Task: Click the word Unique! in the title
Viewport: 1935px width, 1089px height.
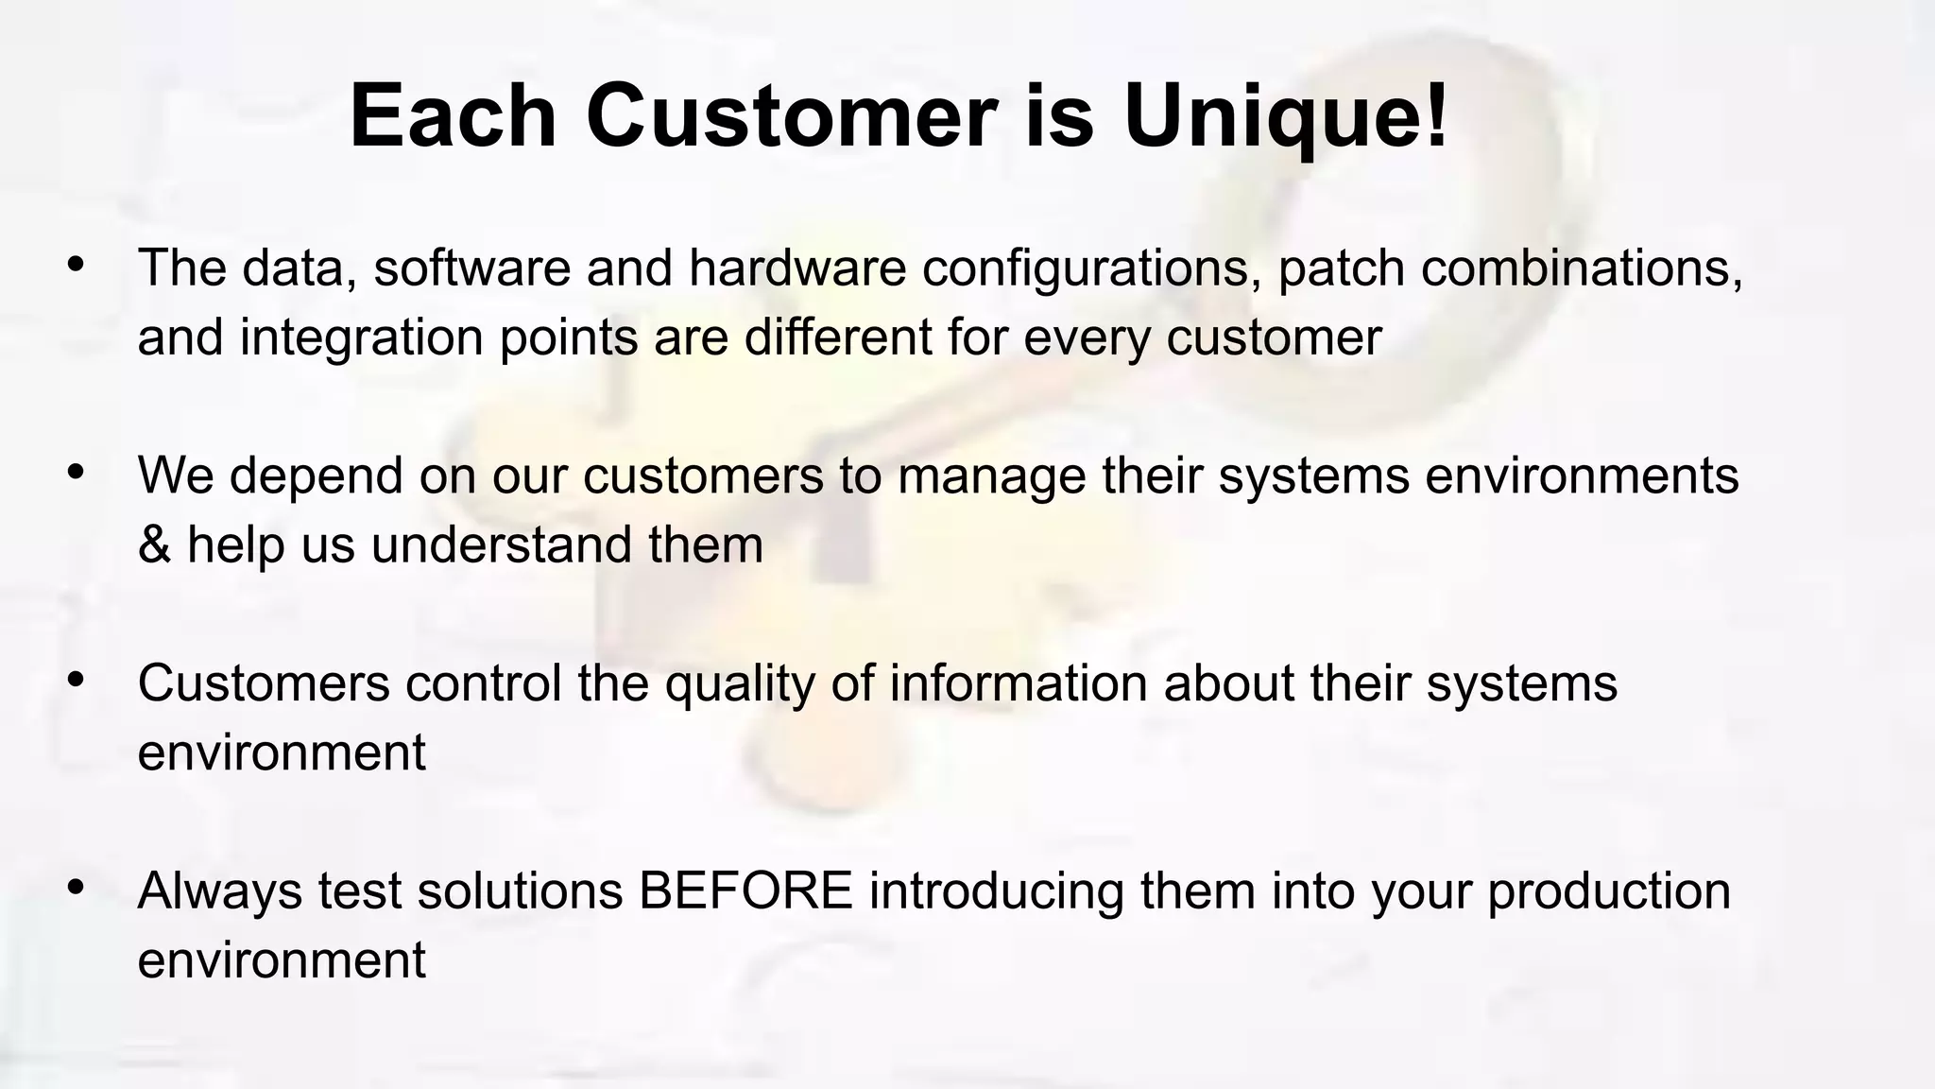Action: [x=1285, y=117]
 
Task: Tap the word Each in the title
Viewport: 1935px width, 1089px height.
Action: [x=453, y=117]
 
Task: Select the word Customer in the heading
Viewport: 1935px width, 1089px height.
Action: [x=791, y=117]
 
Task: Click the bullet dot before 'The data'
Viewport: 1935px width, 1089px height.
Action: [x=76, y=265]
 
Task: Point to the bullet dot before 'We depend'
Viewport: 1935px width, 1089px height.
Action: [x=76, y=472]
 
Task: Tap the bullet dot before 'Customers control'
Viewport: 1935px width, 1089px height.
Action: [x=76, y=680]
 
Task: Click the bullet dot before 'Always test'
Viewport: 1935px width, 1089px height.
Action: [x=76, y=887]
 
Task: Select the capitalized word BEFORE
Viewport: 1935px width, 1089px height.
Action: [x=745, y=890]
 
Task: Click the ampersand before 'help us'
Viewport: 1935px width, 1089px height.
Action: [x=154, y=544]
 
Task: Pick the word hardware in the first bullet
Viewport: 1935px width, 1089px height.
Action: [x=797, y=268]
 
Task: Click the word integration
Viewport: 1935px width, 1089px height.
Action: [x=362, y=337]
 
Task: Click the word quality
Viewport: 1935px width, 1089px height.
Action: [x=739, y=683]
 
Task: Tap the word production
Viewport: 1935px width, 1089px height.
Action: [x=1609, y=891]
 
